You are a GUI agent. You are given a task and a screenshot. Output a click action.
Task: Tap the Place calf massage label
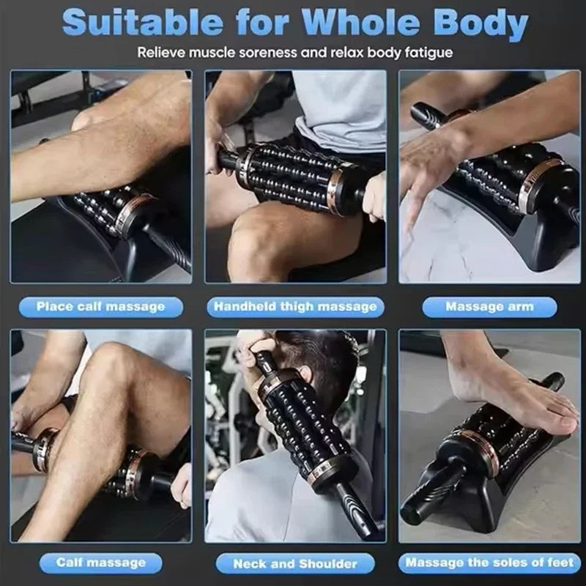tap(100, 306)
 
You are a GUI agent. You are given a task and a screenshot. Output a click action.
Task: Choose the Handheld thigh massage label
tap(295, 306)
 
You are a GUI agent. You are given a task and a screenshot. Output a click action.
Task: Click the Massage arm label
tap(489, 306)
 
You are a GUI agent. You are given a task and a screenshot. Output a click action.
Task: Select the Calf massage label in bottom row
tap(100, 563)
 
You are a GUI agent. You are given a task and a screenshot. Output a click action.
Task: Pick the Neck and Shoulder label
tap(295, 563)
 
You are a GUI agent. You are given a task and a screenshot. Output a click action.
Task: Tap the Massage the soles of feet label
tap(489, 563)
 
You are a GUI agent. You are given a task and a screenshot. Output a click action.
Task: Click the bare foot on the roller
tap(505, 388)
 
